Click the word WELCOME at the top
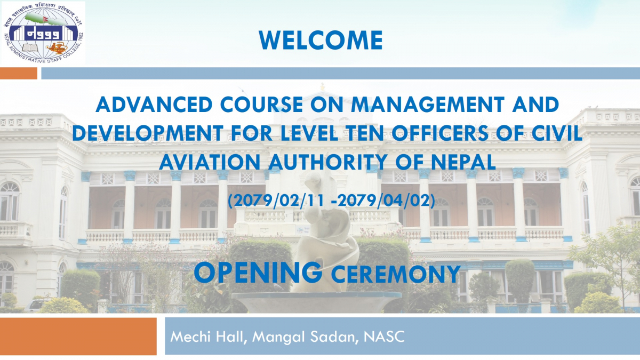point(321,40)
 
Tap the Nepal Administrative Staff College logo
point(43,33)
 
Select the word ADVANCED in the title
point(154,105)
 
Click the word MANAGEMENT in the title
point(427,105)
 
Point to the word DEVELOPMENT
point(148,133)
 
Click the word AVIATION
point(210,162)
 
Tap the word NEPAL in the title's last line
point(463,162)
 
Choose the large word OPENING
point(258,273)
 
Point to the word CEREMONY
point(395,274)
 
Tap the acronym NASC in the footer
point(384,337)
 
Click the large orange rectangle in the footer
point(78,336)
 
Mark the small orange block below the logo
point(19,73)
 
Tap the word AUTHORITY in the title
point(327,162)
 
